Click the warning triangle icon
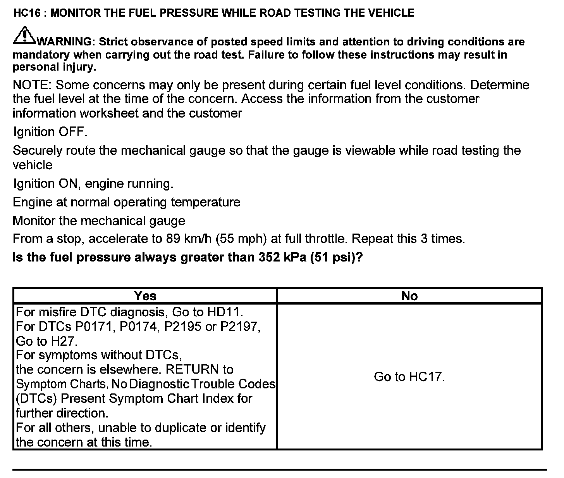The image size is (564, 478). [x=24, y=35]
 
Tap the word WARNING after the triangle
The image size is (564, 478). [x=65, y=42]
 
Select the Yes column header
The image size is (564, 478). [x=145, y=296]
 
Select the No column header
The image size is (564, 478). [x=409, y=296]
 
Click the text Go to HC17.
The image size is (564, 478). [x=409, y=376]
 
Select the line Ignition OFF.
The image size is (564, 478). [x=50, y=132]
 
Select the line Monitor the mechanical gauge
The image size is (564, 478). [x=99, y=221]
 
